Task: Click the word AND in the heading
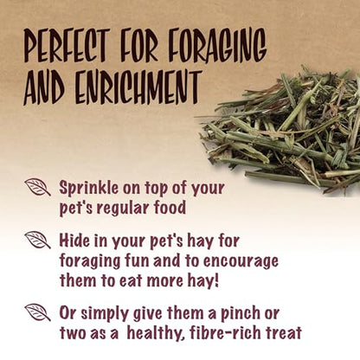(44, 87)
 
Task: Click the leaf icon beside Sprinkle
(37, 187)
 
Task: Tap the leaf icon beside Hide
(37, 240)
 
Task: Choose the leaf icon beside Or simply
(37, 312)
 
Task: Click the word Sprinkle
(89, 189)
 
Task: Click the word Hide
(74, 241)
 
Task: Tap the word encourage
(241, 262)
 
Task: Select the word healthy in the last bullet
(157, 334)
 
